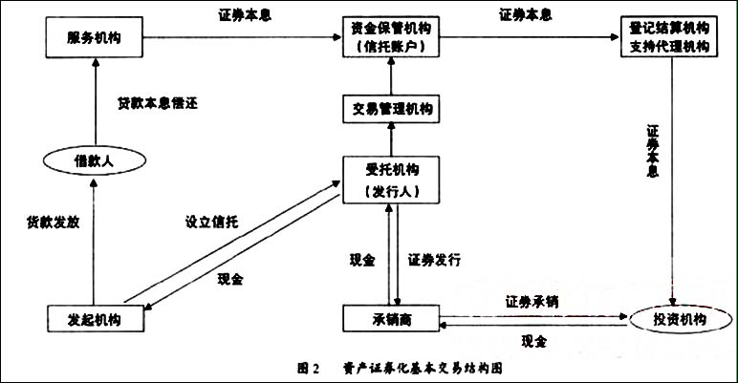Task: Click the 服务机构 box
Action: click(x=94, y=38)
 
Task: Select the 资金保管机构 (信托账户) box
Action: click(x=390, y=37)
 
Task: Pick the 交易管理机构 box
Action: click(x=390, y=108)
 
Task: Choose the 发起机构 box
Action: click(x=94, y=316)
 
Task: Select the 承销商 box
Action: click(x=390, y=316)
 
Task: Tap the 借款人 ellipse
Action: click(x=94, y=162)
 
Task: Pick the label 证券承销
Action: click(x=532, y=301)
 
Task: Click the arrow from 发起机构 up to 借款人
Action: click(x=94, y=239)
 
